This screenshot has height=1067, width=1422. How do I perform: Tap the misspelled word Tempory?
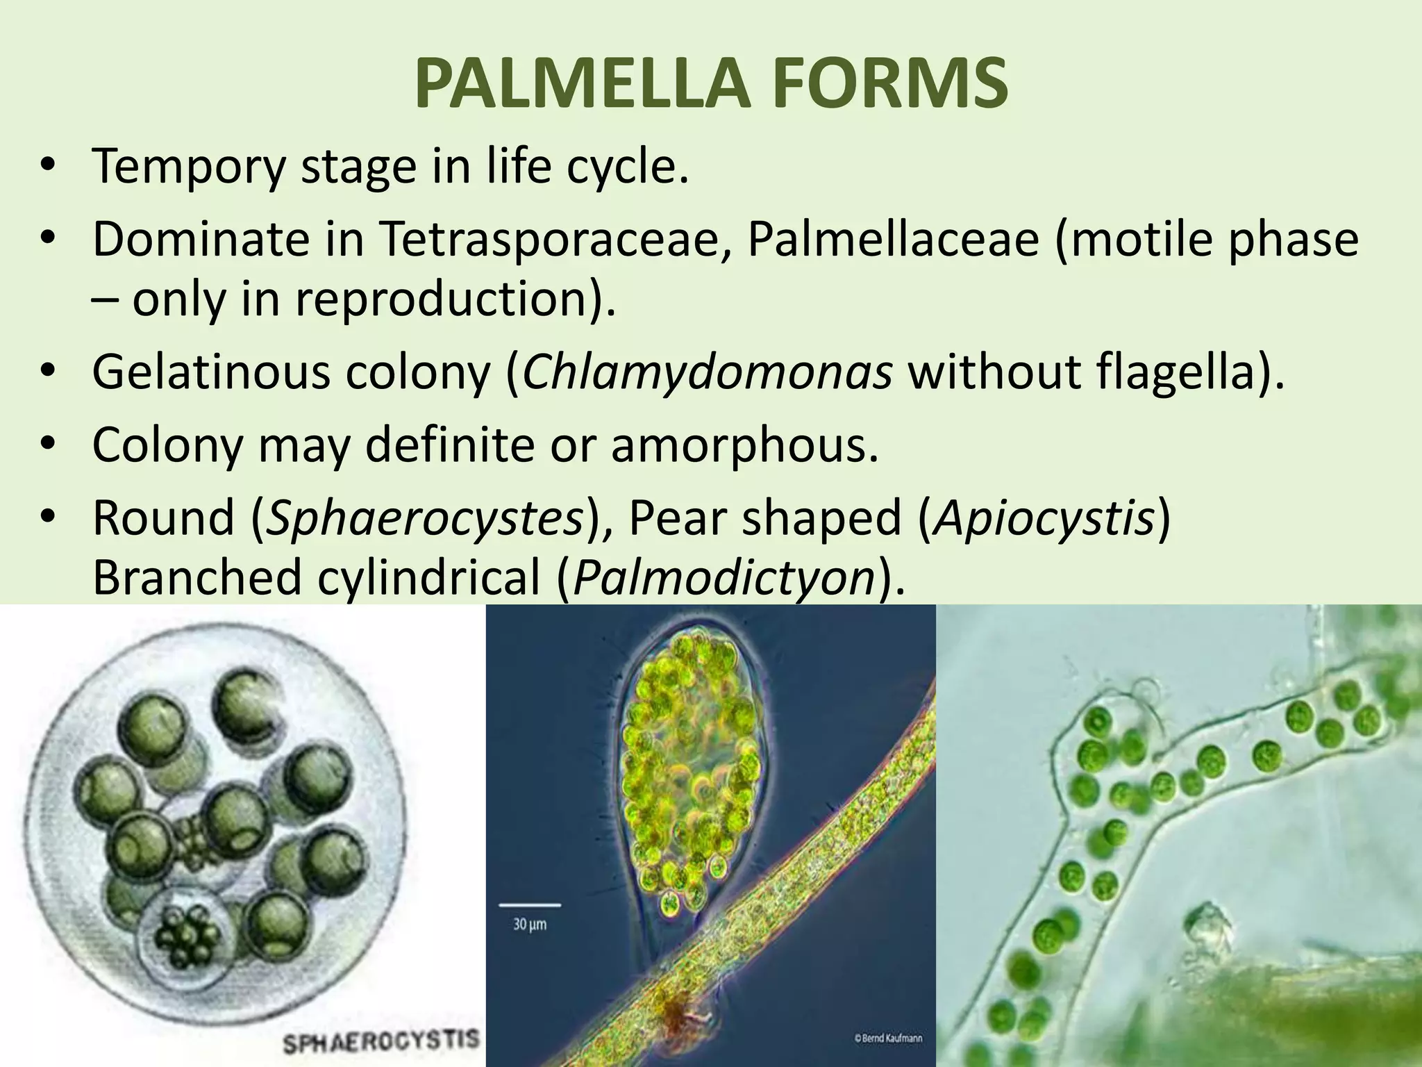click(x=188, y=167)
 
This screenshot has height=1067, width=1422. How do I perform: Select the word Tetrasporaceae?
click(x=555, y=239)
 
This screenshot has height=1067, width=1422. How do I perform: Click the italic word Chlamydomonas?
click(x=707, y=372)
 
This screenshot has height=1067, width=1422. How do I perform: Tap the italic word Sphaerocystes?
click(x=424, y=518)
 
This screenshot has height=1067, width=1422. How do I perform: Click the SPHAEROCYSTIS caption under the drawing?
click(x=381, y=1040)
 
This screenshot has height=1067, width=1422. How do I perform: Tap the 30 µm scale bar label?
click(x=529, y=925)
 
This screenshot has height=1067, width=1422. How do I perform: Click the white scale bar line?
click(x=529, y=904)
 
